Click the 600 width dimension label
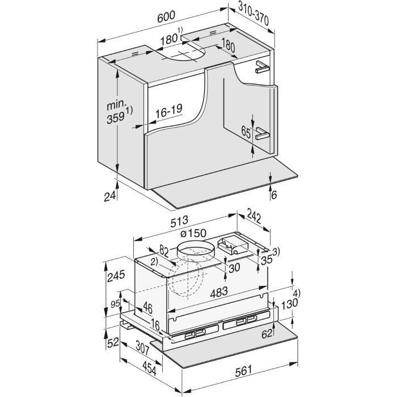(166, 16)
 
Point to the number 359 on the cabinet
(116, 117)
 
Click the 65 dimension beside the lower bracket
(246, 133)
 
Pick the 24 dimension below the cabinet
(110, 196)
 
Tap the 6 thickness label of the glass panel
(274, 195)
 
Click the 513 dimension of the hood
(179, 221)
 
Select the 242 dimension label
(254, 216)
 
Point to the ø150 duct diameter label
(193, 233)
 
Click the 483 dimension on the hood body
(219, 292)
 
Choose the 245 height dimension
(116, 276)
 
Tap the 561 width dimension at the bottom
(244, 371)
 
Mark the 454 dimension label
(149, 369)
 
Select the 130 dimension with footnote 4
(289, 303)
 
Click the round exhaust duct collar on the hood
(195, 252)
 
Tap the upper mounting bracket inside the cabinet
(262, 66)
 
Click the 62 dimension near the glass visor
(267, 334)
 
